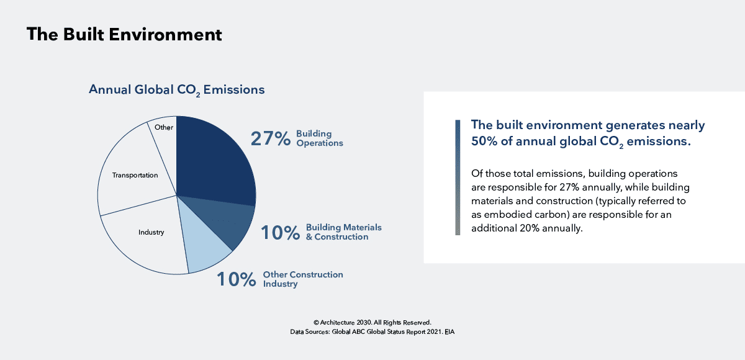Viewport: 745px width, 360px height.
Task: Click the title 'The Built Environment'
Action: (x=124, y=35)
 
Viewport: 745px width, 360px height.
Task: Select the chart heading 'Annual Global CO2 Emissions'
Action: (x=176, y=90)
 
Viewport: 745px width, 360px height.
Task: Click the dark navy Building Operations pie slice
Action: (x=214, y=158)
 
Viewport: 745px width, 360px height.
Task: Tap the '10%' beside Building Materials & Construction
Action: (x=280, y=233)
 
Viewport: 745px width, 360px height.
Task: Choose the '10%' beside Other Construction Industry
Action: (x=236, y=280)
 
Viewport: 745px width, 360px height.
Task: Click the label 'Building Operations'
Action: (x=319, y=138)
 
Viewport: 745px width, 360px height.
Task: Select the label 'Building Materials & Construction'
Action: (x=343, y=232)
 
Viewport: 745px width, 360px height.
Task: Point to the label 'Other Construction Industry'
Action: (x=302, y=279)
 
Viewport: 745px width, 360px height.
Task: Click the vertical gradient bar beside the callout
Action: (x=458, y=178)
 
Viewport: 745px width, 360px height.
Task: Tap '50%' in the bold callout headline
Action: (x=485, y=142)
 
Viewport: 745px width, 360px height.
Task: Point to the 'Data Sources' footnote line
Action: (x=372, y=332)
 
